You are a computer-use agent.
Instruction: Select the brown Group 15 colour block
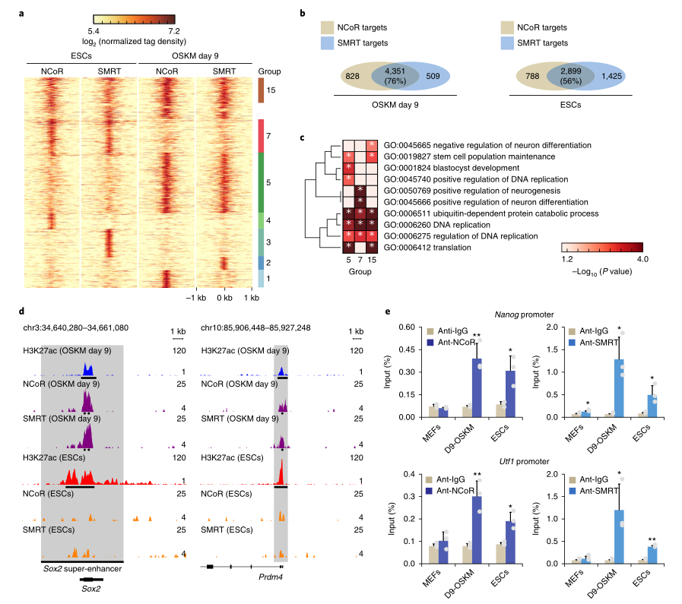259,90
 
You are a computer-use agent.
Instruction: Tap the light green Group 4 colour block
259,220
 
